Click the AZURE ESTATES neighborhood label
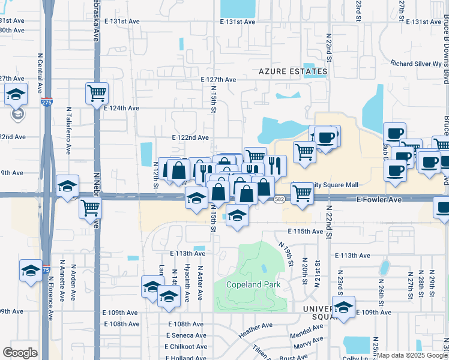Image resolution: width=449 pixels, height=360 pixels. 293,71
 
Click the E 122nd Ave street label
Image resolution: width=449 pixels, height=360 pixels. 191,137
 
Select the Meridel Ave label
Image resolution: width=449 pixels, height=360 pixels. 306,331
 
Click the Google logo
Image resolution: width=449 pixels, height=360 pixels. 20,353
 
